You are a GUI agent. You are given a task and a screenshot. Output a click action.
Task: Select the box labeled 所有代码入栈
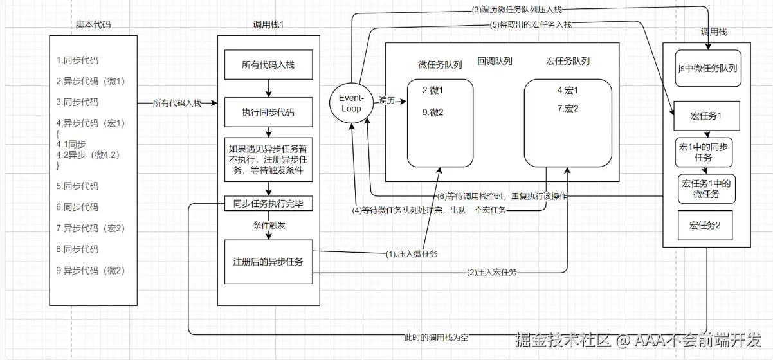(268, 65)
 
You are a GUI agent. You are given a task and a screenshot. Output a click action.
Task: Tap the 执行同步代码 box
(268, 112)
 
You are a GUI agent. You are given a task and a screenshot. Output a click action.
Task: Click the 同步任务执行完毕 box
(268, 204)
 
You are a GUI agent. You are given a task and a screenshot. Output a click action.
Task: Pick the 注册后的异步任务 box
(268, 262)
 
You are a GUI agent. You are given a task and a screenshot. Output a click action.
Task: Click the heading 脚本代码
(93, 24)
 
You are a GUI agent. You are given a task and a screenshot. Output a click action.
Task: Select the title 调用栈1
(268, 24)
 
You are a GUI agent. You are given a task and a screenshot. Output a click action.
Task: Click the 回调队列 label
(495, 62)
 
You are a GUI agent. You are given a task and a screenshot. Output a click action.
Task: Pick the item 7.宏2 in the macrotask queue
(568, 108)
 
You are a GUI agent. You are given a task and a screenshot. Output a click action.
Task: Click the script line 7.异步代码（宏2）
(90, 228)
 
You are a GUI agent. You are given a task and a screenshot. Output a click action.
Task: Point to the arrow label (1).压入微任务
(412, 254)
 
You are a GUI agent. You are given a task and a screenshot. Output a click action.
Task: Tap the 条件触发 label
(268, 226)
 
